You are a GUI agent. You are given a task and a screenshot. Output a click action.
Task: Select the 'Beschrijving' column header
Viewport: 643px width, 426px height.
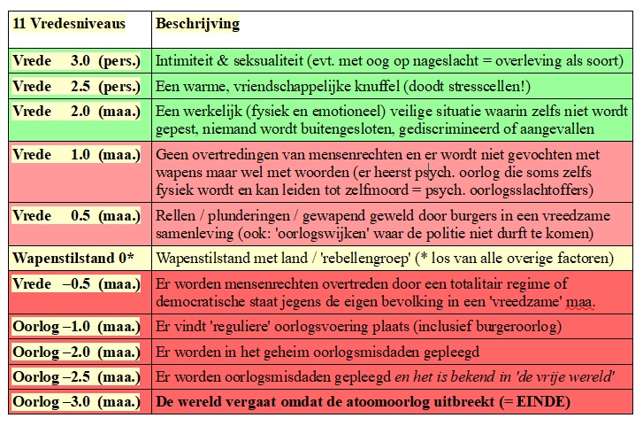198,24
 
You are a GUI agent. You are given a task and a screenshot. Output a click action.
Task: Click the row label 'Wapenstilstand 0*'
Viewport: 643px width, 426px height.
73,258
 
